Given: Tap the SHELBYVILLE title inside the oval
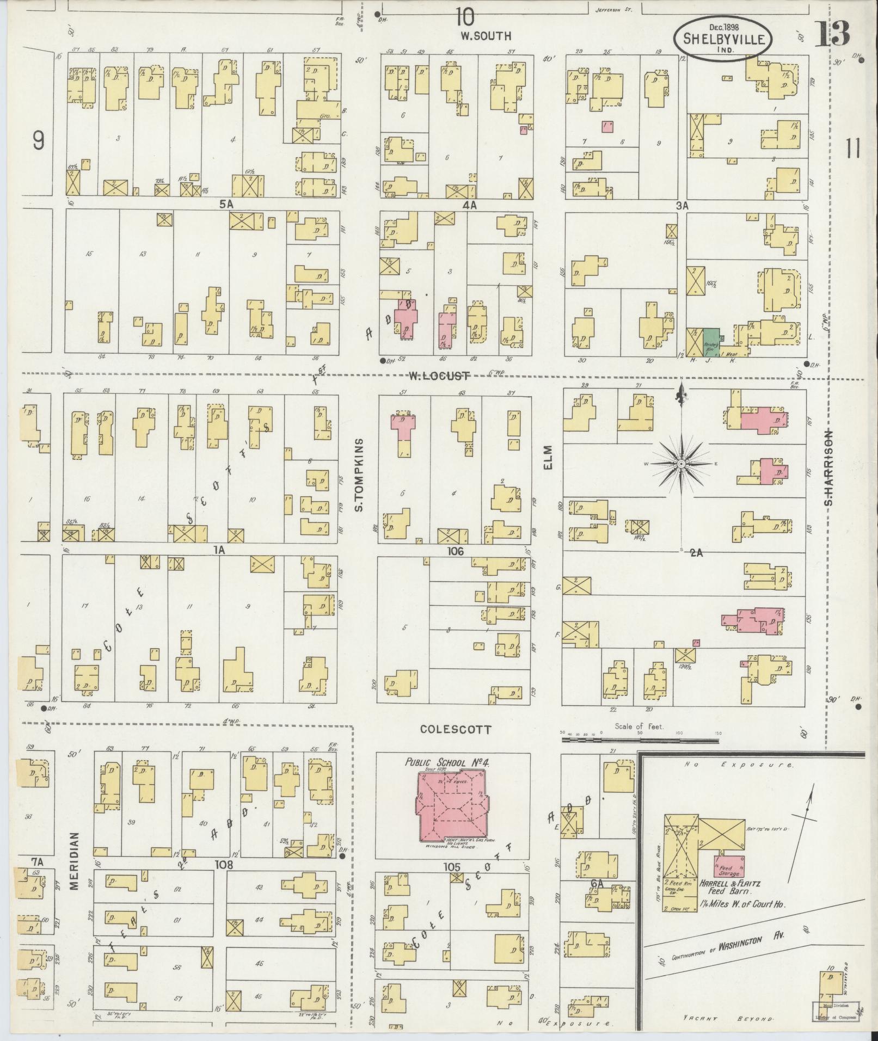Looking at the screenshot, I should [x=722, y=39].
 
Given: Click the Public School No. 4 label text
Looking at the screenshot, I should [x=447, y=762].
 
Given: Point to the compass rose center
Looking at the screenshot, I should [x=681, y=463].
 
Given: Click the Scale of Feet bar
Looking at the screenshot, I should [x=640, y=740].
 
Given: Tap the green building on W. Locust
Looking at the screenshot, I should [x=710, y=342].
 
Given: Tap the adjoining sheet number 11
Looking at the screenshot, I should [x=853, y=148].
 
